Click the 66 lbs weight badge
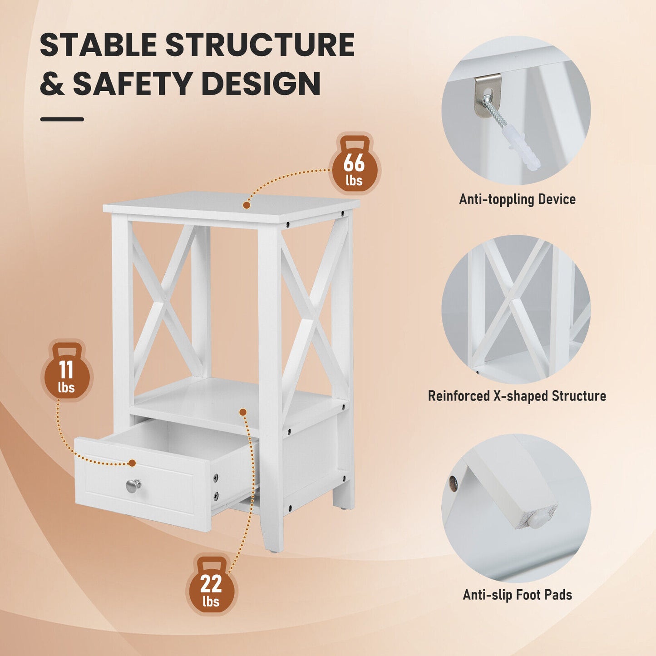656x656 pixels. click(x=354, y=165)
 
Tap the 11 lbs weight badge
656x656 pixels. click(x=67, y=372)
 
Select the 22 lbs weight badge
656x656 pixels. click(x=211, y=586)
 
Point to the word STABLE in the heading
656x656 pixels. click(x=98, y=45)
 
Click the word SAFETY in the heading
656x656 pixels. click(x=133, y=84)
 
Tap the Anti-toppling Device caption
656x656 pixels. click(x=517, y=199)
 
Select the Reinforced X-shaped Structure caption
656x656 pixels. click(x=517, y=396)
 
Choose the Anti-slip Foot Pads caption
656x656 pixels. click(x=517, y=595)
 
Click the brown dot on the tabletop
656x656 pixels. click(x=247, y=205)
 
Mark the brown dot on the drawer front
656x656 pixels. click(x=132, y=463)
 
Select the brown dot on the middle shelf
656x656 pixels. click(x=243, y=412)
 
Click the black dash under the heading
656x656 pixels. click(x=62, y=119)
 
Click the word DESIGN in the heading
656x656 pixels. click(x=261, y=84)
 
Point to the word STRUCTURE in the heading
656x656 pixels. click(x=259, y=45)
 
